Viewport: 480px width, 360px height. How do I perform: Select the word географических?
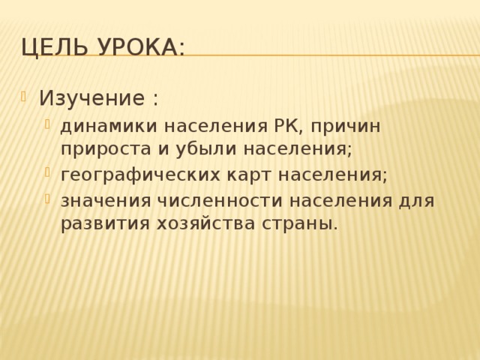[x=140, y=175]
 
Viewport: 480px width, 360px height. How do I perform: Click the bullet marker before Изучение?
[x=25, y=96]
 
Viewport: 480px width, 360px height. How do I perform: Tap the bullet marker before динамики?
[x=48, y=124]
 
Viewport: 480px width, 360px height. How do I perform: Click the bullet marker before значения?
[x=48, y=199]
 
